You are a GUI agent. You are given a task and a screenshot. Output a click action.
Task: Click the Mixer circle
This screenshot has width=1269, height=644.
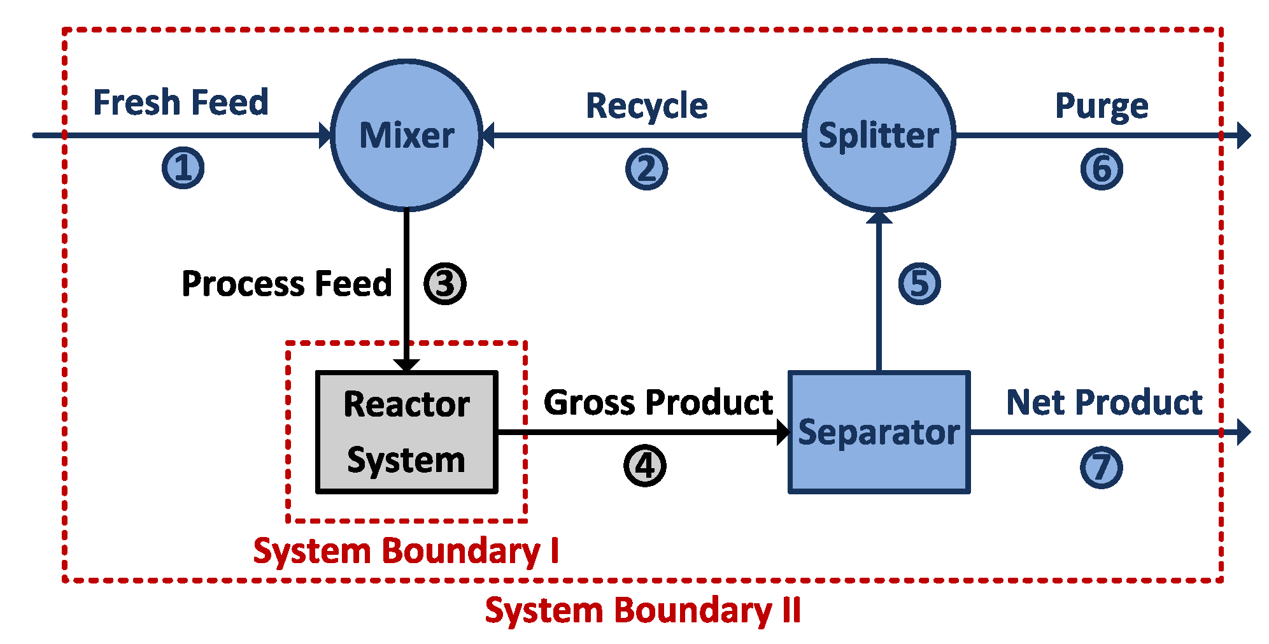coord(406,135)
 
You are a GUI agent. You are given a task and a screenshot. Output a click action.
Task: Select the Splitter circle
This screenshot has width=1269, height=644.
coord(879,135)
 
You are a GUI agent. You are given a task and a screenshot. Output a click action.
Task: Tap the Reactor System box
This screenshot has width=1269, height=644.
coord(406,432)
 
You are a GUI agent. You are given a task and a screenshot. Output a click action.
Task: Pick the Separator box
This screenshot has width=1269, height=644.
coord(879,432)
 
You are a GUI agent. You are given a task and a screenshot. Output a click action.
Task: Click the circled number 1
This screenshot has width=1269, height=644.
coord(183,168)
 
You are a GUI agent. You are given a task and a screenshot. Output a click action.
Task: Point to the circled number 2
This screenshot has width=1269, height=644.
coord(646,169)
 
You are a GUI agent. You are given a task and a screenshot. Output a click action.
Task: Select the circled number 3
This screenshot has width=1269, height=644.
coord(445,283)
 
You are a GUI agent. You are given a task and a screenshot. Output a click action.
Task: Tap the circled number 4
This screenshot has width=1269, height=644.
coord(644,466)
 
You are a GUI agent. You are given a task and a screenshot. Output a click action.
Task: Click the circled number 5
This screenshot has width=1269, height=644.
coord(919,283)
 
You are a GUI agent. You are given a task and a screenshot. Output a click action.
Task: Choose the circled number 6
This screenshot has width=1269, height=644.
coord(1102,169)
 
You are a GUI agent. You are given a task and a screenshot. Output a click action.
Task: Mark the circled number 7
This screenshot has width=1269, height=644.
coord(1102,468)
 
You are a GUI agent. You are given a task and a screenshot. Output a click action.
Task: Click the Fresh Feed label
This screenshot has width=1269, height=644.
coord(181,103)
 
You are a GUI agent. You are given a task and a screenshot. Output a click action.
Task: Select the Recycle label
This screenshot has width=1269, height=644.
coord(646,106)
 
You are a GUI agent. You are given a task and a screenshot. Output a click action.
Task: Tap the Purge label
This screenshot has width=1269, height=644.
coord(1102,106)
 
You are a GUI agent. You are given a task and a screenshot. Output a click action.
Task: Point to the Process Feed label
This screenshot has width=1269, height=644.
coord(287,283)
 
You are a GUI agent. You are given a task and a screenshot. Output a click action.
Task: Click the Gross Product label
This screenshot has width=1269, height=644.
coord(658,403)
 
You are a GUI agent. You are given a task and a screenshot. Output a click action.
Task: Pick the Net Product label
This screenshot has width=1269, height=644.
coord(1104,403)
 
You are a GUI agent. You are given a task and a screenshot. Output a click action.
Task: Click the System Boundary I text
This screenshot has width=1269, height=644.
coord(406,550)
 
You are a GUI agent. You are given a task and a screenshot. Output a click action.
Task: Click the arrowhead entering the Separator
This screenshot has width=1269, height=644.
coord(783,433)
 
